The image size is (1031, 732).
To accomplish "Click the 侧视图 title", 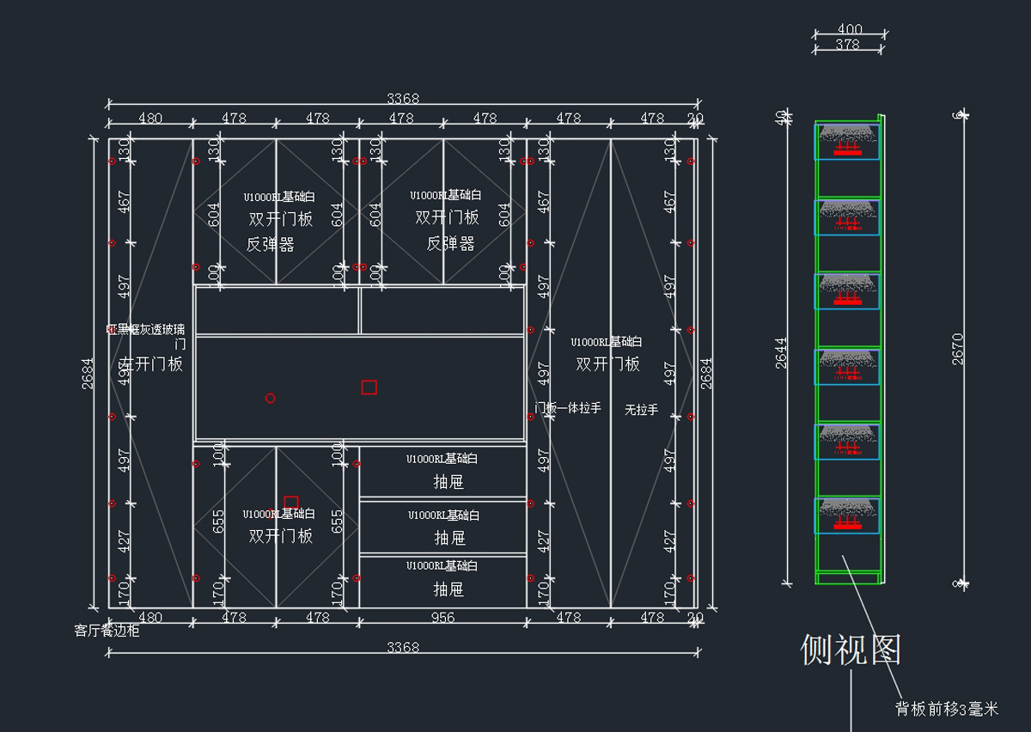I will (851, 650).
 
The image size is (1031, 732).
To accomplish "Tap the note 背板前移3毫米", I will (947, 709).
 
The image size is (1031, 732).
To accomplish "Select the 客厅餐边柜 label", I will (107, 631).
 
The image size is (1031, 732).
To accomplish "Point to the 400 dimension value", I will (850, 30).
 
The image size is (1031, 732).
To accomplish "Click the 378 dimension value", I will (847, 45).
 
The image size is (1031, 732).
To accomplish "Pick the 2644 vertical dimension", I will (781, 352).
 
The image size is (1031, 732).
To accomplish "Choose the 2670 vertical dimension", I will (958, 349).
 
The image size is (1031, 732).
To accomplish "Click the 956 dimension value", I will (442, 617).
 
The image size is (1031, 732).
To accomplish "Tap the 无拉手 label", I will (641, 410).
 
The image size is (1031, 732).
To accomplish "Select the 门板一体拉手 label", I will (568, 408).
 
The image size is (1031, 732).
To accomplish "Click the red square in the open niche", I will (369, 387).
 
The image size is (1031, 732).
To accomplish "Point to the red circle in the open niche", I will (270, 398).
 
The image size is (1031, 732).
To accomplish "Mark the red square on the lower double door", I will (290, 503).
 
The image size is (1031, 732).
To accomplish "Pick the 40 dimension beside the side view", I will (781, 118).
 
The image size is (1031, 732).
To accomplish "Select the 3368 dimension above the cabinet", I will (402, 98).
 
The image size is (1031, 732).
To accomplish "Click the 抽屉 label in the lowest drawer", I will (448, 589).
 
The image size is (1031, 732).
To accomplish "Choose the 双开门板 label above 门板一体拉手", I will (607, 364).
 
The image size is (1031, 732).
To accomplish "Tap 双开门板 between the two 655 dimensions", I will (280, 536).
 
